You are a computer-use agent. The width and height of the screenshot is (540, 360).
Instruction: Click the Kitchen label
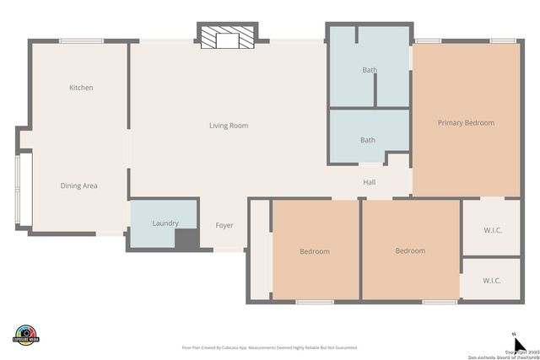click(x=81, y=88)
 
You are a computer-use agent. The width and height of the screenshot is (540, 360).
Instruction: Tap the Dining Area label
click(x=78, y=185)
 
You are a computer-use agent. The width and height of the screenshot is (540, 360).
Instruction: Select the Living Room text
click(x=229, y=126)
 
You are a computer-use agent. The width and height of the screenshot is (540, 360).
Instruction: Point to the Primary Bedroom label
click(x=466, y=123)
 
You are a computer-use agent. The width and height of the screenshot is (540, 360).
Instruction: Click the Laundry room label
click(x=165, y=223)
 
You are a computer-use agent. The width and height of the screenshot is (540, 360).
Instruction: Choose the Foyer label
click(x=224, y=225)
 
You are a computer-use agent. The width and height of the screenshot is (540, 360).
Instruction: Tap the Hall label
click(x=369, y=182)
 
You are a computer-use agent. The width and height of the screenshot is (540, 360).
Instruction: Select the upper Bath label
click(x=369, y=70)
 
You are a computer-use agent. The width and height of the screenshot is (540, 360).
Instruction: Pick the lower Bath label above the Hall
click(x=368, y=140)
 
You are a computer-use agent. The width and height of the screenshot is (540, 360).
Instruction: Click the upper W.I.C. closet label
click(x=493, y=230)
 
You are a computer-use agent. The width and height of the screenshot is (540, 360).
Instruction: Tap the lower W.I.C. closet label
click(x=492, y=280)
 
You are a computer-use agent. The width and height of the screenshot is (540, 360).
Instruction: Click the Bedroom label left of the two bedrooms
click(x=315, y=251)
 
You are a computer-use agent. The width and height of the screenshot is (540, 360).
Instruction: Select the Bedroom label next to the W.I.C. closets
click(x=410, y=250)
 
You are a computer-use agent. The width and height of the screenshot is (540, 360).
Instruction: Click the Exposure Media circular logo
click(x=26, y=334)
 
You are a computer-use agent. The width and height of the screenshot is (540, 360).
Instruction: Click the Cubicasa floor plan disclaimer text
click(x=269, y=347)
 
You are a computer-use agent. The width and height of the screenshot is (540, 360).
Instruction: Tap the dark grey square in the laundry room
click(x=186, y=239)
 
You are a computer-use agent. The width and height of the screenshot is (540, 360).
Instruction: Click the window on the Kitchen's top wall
click(x=81, y=40)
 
